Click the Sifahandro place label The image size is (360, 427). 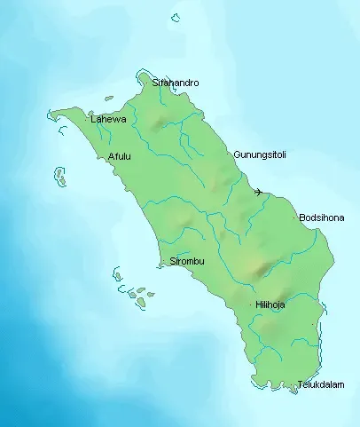(x=176, y=83)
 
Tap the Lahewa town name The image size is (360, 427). (x=108, y=119)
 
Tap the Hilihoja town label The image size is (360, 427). (x=271, y=304)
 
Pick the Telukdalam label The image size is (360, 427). (x=321, y=384)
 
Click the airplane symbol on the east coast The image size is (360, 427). (x=258, y=192)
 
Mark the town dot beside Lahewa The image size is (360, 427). (x=86, y=118)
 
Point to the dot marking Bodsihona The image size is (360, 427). (x=295, y=217)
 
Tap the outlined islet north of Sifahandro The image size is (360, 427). (x=176, y=16)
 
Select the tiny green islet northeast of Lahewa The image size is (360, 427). (x=108, y=99)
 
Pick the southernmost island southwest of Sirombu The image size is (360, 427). (x=141, y=303)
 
